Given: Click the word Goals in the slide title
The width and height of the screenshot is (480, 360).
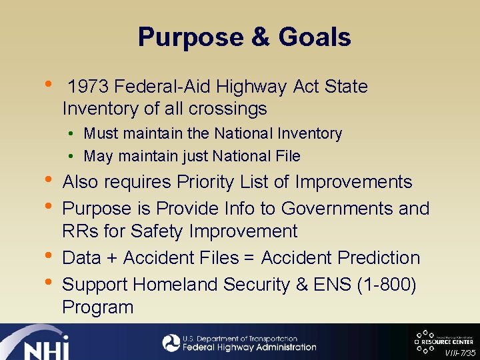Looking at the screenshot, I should coord(315,37).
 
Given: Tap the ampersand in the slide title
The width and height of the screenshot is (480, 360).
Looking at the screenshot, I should coord(259,37).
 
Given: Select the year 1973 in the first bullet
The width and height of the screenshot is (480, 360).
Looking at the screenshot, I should coord(89,87).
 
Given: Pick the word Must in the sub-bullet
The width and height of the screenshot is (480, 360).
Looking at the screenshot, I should coord(99,133).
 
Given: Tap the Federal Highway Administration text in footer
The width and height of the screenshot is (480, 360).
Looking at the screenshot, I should coord(249,347).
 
